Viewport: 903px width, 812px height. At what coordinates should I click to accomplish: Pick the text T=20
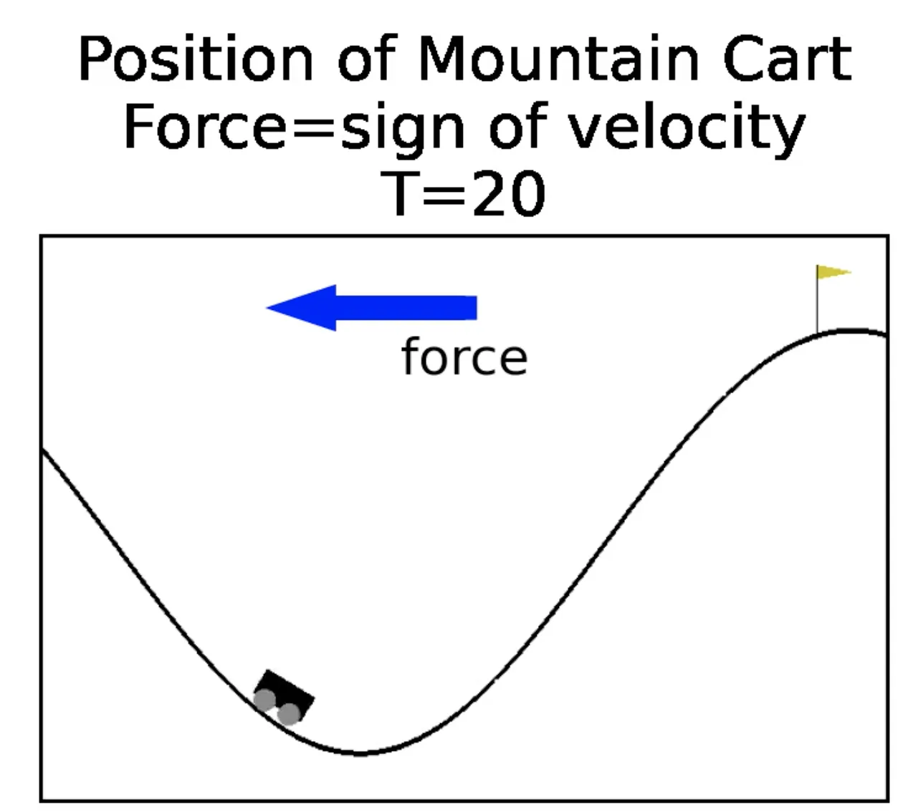point(467,194)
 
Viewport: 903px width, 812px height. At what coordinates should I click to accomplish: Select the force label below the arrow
point(464,357)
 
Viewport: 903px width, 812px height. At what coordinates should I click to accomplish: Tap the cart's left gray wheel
point(264,700)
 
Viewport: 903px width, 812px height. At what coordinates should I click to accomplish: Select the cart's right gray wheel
point(289,714)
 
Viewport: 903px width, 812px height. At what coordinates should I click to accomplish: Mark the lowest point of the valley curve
point(360,753)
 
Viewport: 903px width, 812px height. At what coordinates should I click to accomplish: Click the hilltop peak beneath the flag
point(853,331)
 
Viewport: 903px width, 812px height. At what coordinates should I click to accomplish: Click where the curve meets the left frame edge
point(43,450)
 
